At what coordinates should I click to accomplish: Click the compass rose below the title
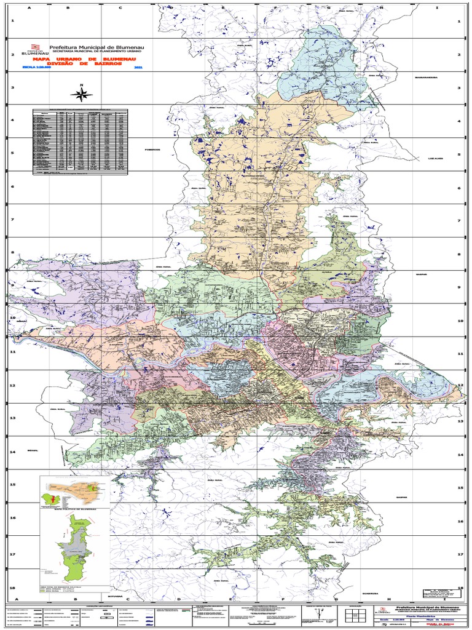coord(81,95)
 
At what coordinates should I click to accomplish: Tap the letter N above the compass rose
coord(81,86)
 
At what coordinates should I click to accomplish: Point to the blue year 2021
coord(137,67)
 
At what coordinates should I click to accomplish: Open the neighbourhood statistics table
coord(81,142)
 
